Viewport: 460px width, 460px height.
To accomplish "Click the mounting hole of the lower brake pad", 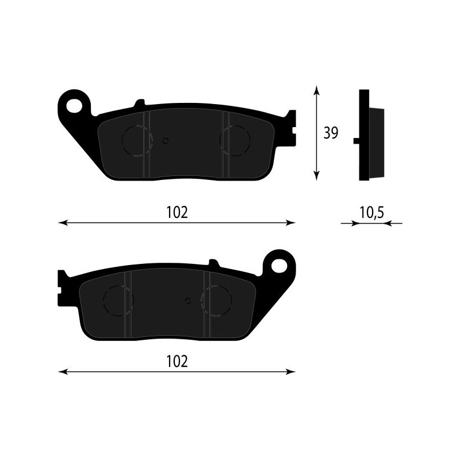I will (279, 265).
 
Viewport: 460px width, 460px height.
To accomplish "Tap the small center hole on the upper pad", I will (166, 140).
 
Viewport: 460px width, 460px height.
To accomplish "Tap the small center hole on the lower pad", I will (187, 300).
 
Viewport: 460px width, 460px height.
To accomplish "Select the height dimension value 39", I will (330, 133).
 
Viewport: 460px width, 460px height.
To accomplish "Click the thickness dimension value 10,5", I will (371, 213).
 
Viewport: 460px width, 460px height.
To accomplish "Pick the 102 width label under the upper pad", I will (177, 213).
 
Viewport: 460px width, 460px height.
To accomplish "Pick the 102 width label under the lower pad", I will (177, 362).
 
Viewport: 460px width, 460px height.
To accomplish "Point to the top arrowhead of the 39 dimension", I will (315, 90).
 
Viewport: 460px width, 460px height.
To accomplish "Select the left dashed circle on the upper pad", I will (137, 141).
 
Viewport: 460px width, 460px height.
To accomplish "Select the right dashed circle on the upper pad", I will (236, 141).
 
